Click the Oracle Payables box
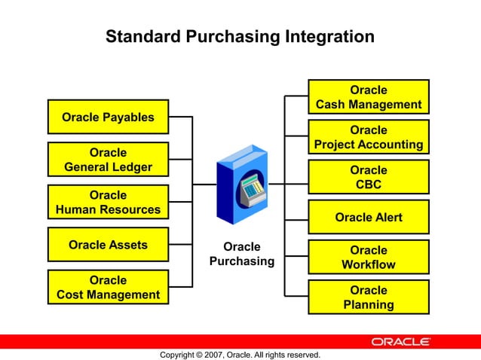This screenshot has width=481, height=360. coord(108,117)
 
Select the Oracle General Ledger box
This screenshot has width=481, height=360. coord(108,160)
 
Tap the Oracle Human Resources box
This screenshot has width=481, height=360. coord(108,202)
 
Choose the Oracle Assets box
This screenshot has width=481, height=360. coord(108,245)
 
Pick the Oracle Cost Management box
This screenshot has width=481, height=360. coord(108,288)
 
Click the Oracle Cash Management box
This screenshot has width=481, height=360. coord(368,97)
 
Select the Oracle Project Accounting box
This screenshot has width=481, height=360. coord(368,137)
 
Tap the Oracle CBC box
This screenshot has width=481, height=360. coord(368,177)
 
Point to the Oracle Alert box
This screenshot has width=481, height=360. coord(368,217)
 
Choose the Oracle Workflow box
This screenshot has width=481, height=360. coord(368,257)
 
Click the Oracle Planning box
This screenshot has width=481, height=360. coord(368,297)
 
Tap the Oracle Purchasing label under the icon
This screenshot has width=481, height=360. coord(242,254)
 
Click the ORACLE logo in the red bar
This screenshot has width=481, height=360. coord(400,342)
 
